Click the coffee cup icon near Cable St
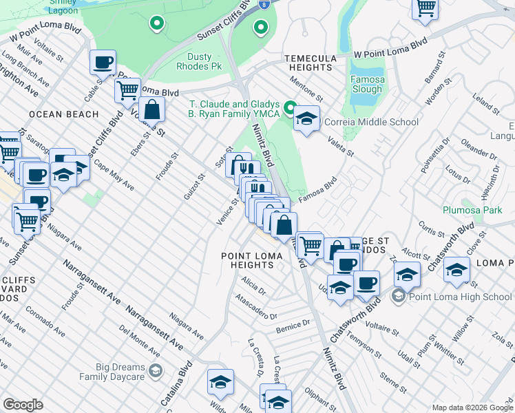(103, 63)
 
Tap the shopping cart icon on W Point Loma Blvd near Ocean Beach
(127, 89)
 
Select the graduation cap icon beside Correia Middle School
(306, 118)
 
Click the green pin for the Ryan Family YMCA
(291, 108)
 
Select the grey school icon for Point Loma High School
(397, 297)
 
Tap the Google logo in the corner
(23, 405)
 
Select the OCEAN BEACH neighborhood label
(64, 114)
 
